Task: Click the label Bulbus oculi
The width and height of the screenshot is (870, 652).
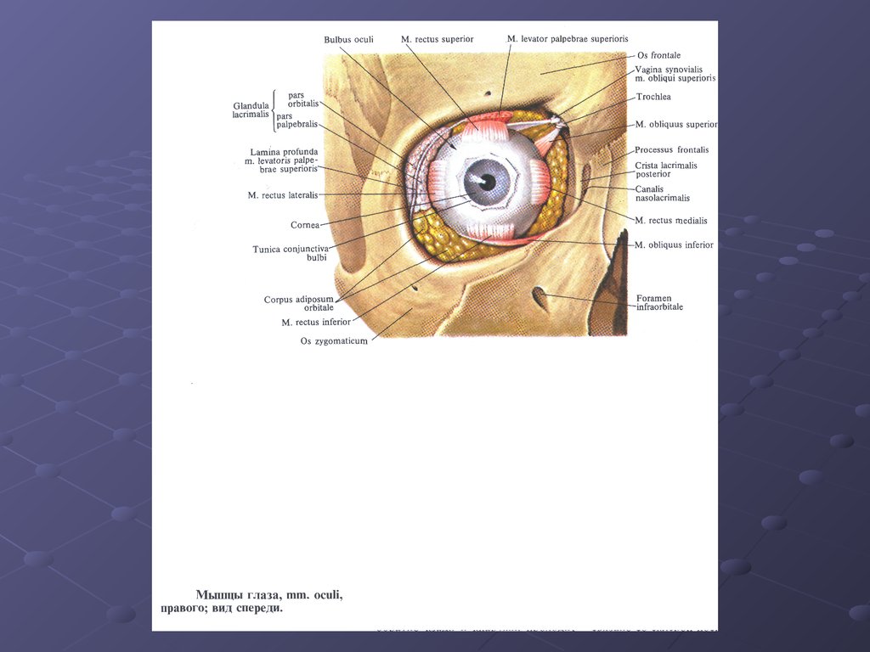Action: coord(348,40)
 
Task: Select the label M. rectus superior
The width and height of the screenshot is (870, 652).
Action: coord(437,39)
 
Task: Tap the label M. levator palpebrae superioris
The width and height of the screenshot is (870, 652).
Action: coord(568,39)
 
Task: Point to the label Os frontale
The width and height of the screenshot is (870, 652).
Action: coord(658,55)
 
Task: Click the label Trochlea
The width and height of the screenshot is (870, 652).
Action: coord(653,97)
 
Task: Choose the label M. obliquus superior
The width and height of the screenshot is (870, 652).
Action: coord(675,124)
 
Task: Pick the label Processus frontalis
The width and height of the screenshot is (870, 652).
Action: coord(671,150)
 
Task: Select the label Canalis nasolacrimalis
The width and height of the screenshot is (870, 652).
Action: coord(662,194)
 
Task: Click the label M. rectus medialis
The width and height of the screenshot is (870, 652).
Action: coord(670,221)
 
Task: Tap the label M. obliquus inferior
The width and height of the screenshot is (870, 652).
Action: coord(673,245)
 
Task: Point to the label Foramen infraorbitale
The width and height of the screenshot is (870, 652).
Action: coord(659,302)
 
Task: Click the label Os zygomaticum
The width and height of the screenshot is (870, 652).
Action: coord(334,341)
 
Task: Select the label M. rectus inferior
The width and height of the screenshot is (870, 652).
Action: coord(316,323)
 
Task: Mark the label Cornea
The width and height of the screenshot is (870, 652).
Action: coord(305,225)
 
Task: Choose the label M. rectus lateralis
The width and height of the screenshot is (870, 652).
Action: coord(283,195)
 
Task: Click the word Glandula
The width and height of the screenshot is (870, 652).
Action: coord(251,106)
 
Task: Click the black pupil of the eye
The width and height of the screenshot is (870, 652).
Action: coord(487,181)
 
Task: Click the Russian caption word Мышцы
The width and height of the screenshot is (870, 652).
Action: coord(219,595)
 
